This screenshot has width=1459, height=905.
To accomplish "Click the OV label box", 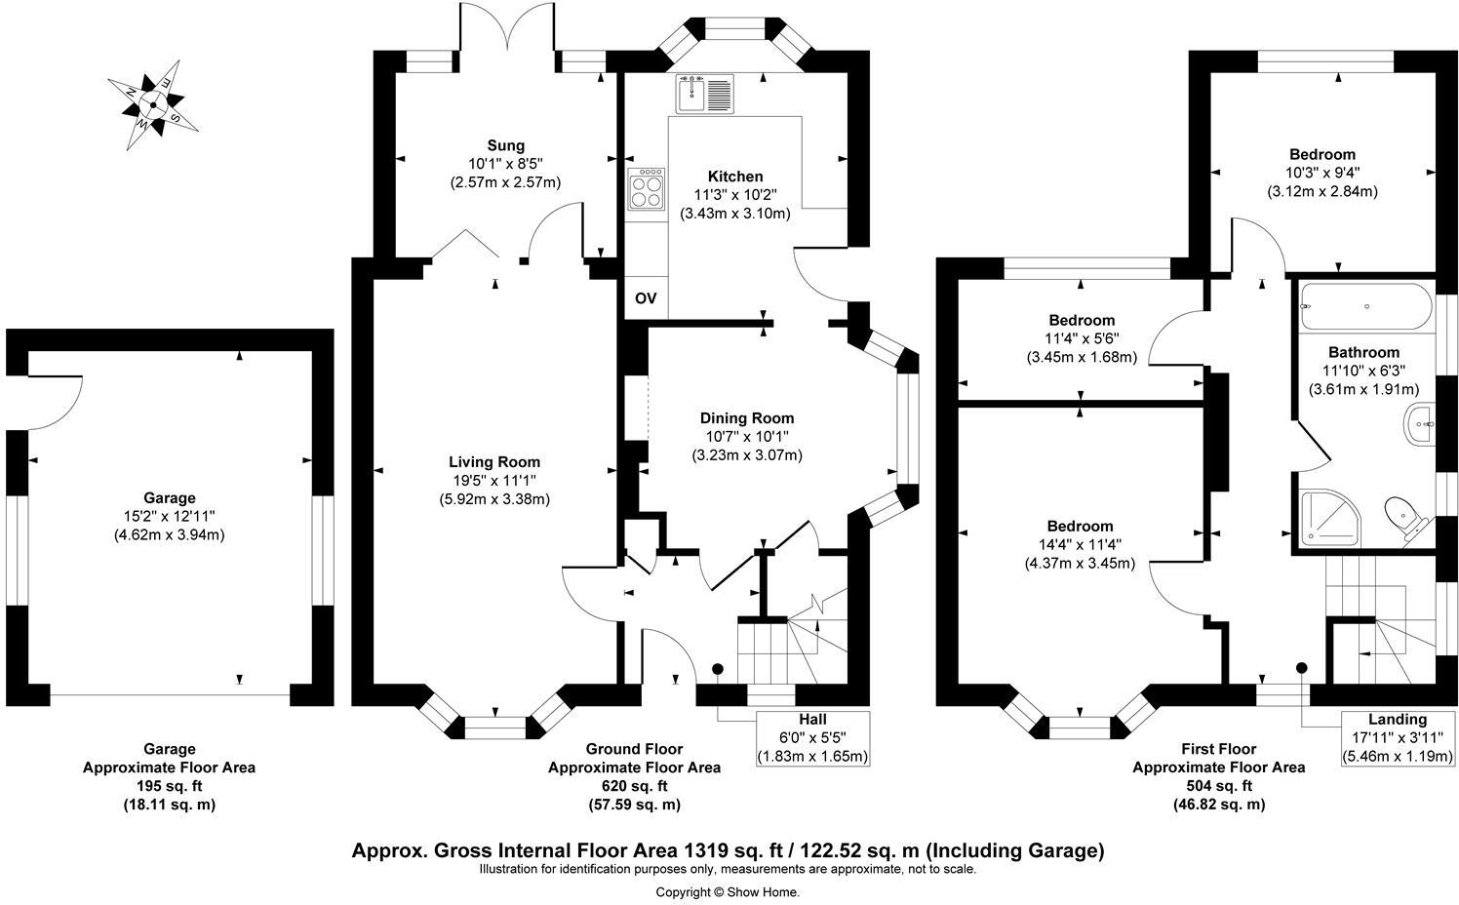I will tap(646, 298).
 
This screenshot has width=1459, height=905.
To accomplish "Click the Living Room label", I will tap(494, 462).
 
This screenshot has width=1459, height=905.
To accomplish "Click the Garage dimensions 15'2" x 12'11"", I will tap(170, 516).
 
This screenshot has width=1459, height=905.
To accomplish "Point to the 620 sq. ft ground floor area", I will tap(634, 786).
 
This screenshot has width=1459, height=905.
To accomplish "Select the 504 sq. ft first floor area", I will tap(1218, 786).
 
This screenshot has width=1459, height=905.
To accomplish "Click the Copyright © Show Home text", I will tap(727, 891).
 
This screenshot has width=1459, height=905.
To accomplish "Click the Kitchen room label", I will tap(735, 177).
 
